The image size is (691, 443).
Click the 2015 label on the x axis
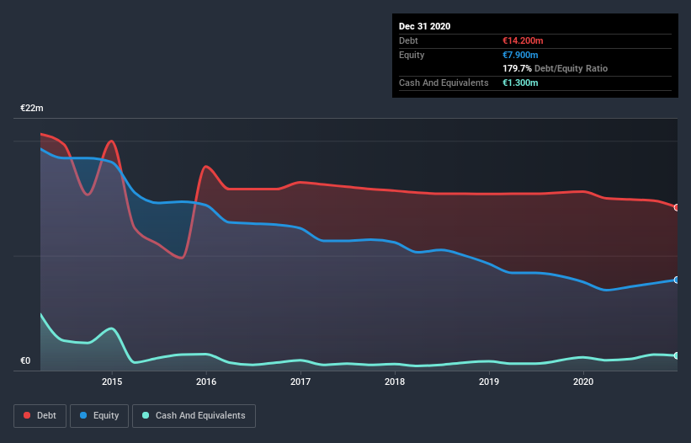point(112,382)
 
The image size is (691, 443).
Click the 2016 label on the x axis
point(206,382)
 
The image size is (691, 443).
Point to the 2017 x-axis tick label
point(300,382)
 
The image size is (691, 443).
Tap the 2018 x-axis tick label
point(395,382)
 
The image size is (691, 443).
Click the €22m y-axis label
point(32,109)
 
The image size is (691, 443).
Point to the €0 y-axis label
point(25,361)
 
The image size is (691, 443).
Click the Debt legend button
point(39,415)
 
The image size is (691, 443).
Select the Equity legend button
point(99,415)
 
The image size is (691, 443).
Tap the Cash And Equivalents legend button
point(194,415)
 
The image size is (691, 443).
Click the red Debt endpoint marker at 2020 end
point(677,207)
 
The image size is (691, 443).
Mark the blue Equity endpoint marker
point(677,280)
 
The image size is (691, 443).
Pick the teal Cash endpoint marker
point(677,355)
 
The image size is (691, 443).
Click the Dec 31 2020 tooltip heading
point(424,26)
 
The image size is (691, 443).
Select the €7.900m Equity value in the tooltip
point(513,55)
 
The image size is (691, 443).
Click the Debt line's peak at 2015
point(111,141)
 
